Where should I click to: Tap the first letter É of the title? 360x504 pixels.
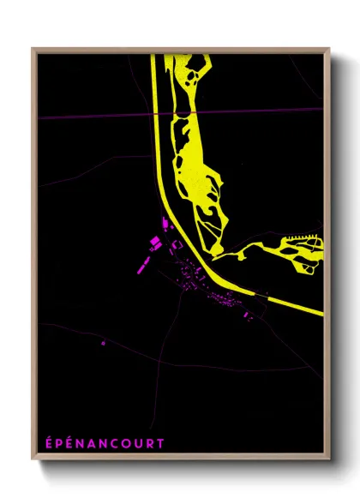[48, 444]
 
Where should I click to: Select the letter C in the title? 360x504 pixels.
[119, 444]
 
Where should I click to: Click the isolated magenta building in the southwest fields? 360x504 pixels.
[103, 344]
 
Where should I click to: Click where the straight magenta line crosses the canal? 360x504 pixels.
[157, 115]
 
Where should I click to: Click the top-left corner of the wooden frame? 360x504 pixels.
[33, 49]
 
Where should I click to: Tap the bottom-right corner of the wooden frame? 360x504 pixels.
[328, 458]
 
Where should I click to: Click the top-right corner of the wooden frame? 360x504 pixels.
[328, 49]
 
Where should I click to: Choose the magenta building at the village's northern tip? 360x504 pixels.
[165, 224]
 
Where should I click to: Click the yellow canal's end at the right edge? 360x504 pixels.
[321, 313]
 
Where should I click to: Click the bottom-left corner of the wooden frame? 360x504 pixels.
[33, 458]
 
